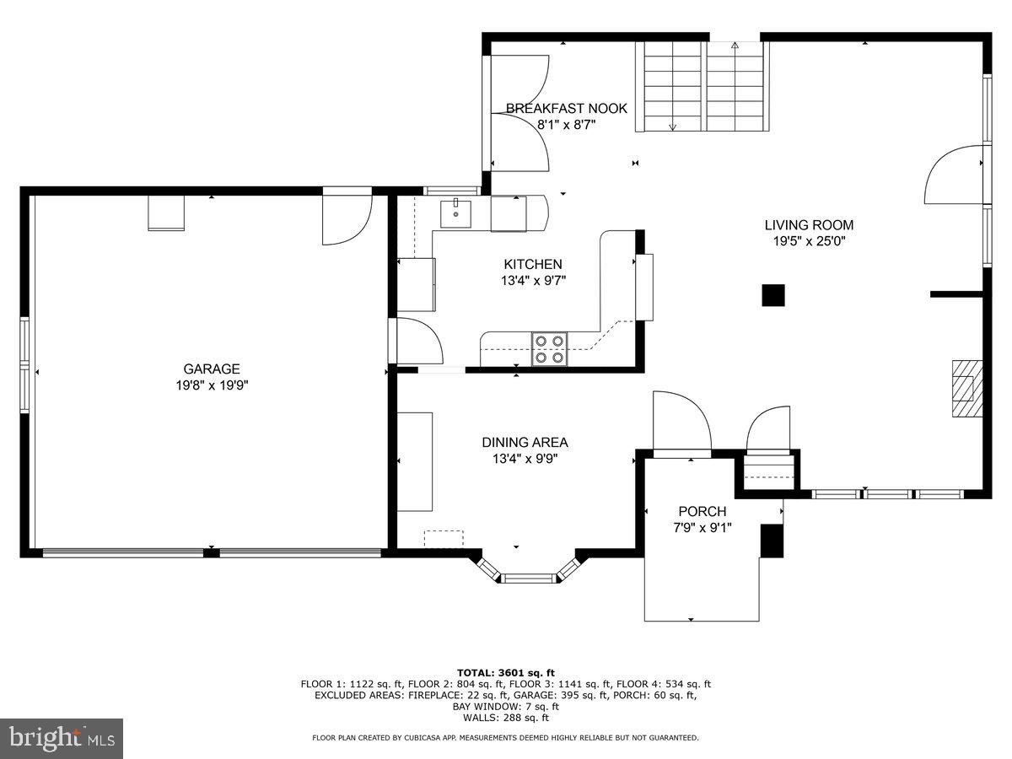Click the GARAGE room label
(x=211, y=369)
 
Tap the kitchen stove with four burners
(x=550, y=349)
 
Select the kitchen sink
(x=455, y=214)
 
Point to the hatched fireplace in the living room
(x=967, y=389)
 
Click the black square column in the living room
(x=773, y=295)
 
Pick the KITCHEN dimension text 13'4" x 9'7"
(x=534, y=280)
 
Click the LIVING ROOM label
(x=809, y=225)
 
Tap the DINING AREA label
(x=525, y=443)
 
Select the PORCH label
(x=702, y=511)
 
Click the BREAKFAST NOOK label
(x=567, y=108)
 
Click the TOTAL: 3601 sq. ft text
(x=506, y=673)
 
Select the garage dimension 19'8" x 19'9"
(x=212, y=385)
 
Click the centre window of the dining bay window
(x=529, y=578)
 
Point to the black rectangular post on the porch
(x=772, y=541)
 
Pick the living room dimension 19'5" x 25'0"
(x=809, y=241)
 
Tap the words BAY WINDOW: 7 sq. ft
(x=506, y=707)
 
